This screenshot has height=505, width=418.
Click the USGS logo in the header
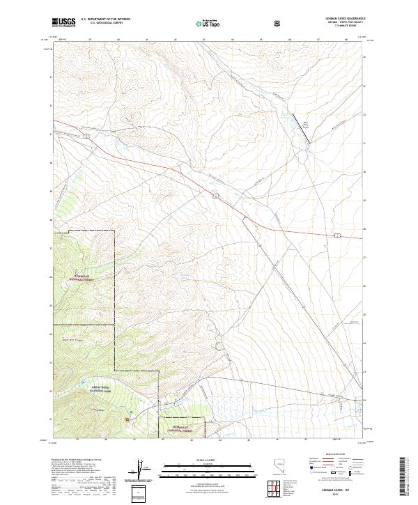pyautogui.click(x=63, y=22)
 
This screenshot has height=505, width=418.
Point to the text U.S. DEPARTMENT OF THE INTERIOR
pyautogui.click(x=106, y=19)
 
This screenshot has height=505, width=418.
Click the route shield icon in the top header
pyautogui.click(x=279, y=22)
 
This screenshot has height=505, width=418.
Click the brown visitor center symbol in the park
pyautogui.click(x=127, y=419)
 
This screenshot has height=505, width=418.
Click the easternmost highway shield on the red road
pyautogui.click(x=336, y=237)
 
